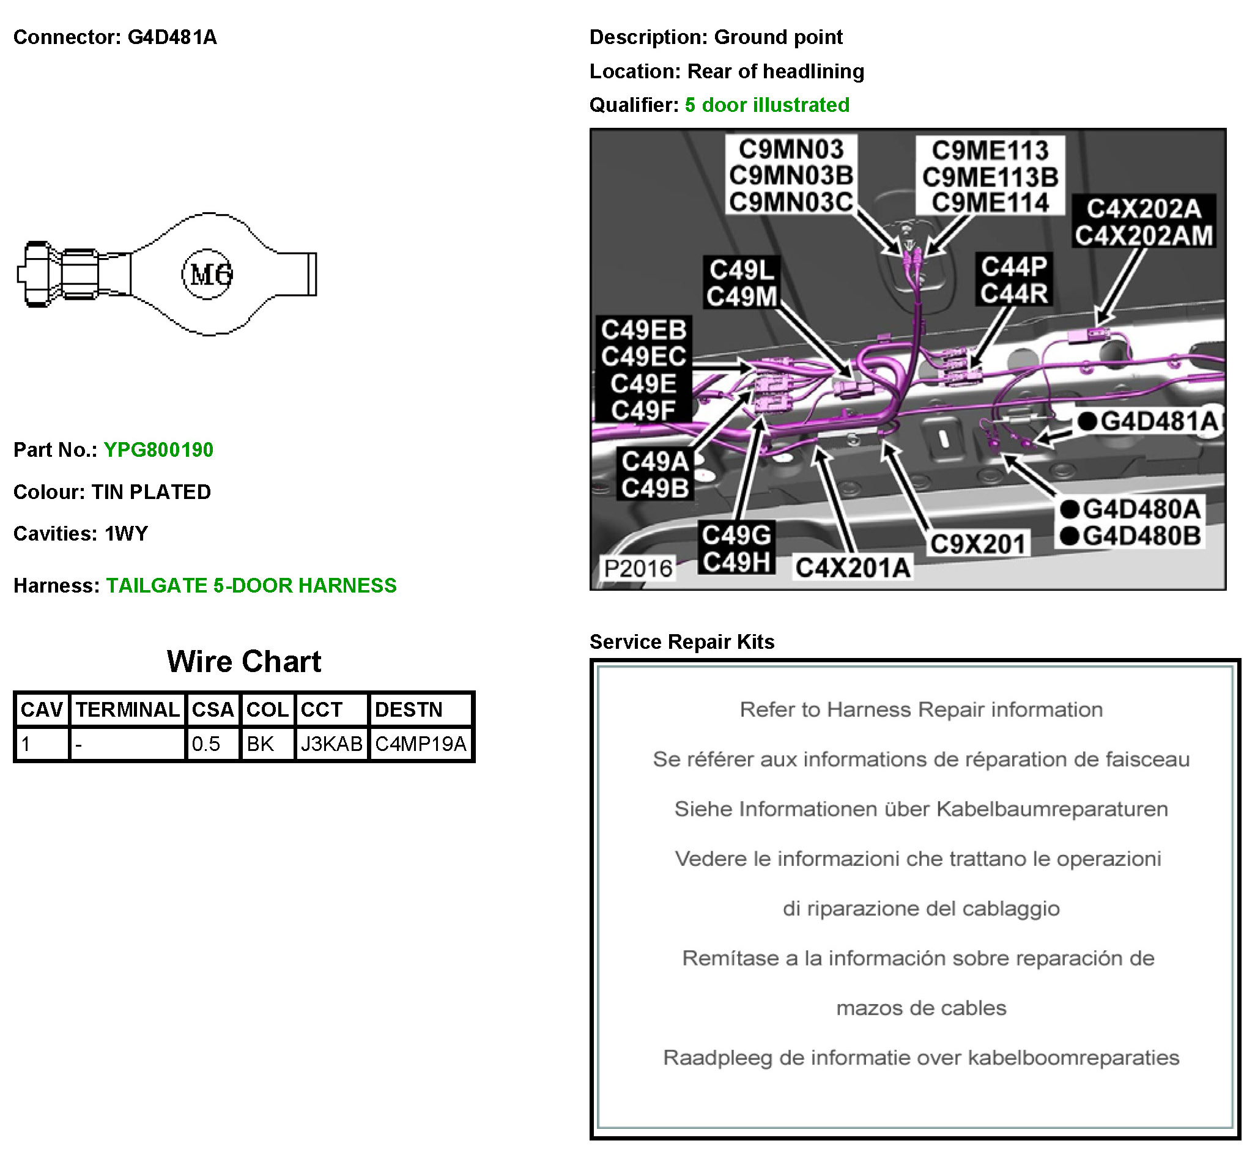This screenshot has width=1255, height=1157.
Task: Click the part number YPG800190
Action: click(158, 450)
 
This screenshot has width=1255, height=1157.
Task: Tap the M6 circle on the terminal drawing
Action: click(208, 274)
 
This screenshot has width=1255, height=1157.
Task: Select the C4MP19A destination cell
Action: click(421, 744)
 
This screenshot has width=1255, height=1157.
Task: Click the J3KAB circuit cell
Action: click(331, 744)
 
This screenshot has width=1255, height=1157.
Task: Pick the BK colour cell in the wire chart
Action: click(261, 744)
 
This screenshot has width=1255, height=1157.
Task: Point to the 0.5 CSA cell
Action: click(206, 744)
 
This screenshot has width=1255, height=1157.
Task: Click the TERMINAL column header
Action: click(128, 710)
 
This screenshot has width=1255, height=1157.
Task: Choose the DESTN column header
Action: click(409, 710)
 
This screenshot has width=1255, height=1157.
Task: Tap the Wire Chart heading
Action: click(243, 662)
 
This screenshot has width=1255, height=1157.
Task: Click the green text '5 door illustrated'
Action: click(767, 105)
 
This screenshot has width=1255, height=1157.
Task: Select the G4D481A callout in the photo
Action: click(1158, 421)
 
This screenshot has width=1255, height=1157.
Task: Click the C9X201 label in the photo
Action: click(977, 544)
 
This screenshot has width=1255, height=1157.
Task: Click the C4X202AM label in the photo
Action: click(1144, 236)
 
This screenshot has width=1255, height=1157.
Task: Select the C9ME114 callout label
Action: click(990, 203)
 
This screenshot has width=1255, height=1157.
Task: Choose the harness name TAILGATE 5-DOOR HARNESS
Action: click(251, 586)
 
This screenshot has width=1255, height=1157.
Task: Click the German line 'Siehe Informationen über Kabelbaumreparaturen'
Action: click(920, 810)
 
